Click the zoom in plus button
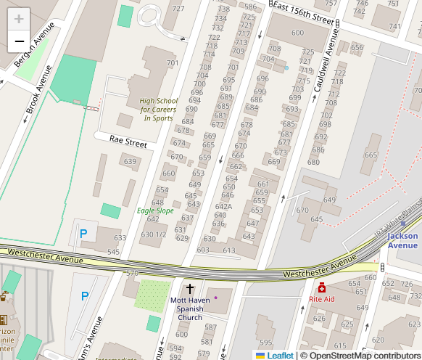tap(19, 20)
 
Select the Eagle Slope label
tap(155, 210)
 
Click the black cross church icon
tap(190, 289)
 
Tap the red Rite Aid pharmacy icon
tap(322, 288)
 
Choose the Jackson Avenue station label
tap(402, 240)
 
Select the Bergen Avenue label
tap(25, 51)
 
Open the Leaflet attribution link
tap(280, 355)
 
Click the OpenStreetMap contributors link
tap(363, 355)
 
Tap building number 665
tap(371, 155)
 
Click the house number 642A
tap(223, 205)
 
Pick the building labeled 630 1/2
tap(154, 234)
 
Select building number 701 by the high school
tap(172, 63)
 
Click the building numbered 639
tap(130, 161)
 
